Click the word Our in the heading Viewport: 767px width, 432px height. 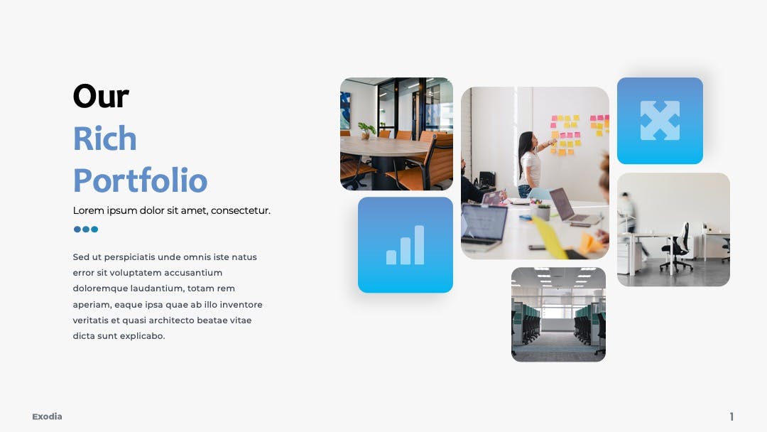point(101,97)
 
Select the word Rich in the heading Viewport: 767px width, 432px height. point(104,139)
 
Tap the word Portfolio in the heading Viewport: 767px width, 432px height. point(141,180)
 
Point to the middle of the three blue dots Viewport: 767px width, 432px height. point(86,229)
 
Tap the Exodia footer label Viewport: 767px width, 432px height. point(47,416)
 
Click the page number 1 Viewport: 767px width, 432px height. point(731,416)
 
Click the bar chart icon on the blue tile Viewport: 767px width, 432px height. point(405,244)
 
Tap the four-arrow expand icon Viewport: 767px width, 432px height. point(660,120)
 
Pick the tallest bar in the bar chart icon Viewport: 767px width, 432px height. point(419,244)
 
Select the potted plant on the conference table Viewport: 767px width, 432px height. point(366,130)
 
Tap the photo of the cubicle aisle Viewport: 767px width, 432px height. point(559,315)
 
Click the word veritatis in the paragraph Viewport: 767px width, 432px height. point(90,320)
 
